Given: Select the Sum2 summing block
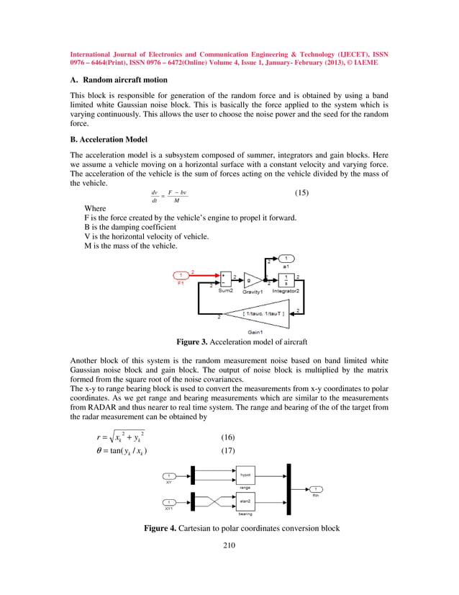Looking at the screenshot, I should click(x=226, y=279).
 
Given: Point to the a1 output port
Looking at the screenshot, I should click(x=286, y=259).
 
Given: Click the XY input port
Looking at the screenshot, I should click(x=169, y=475).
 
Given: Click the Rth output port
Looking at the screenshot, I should click(x=316, y=489).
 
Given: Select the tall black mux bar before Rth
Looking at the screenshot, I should click(x=289, y=488).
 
